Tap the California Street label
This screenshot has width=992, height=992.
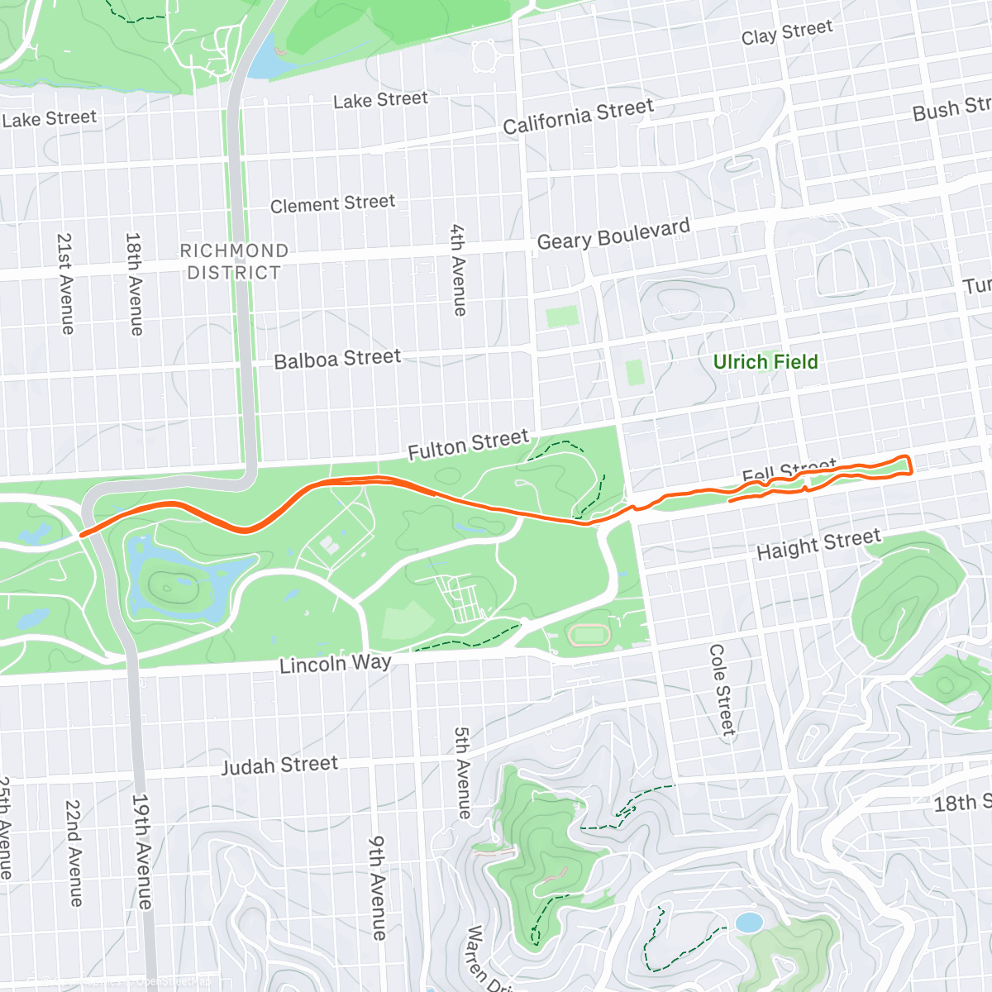[x=578, y=117]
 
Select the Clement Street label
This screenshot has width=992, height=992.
[x=332, y=203]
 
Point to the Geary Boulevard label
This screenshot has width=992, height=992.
[x=613, y=235]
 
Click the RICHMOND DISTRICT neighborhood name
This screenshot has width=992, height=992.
[x=234, y=261]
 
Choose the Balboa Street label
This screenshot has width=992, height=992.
[x=337, y=360]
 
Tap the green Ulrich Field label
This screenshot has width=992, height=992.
[x=765, y=362]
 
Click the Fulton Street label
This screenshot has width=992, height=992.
[x=468, y=445]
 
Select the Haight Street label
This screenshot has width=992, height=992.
[x=818, y=545]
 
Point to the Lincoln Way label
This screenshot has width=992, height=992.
[x=335, y=664]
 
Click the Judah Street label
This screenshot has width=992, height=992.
[x=279, y=765]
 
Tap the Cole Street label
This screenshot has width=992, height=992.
[x=722, y=690]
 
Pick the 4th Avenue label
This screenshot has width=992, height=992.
[x=458, y=269]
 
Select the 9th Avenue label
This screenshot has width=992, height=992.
[x=377, y=888]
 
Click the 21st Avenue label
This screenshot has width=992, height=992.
[x=65, y=284]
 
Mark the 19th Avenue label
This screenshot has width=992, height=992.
[x=142, y=851]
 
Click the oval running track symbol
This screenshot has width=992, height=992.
[x=589, y=635]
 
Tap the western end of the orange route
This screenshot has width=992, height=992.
[x=81, y=535]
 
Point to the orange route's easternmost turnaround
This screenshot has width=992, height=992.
[x=909, y=465]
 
